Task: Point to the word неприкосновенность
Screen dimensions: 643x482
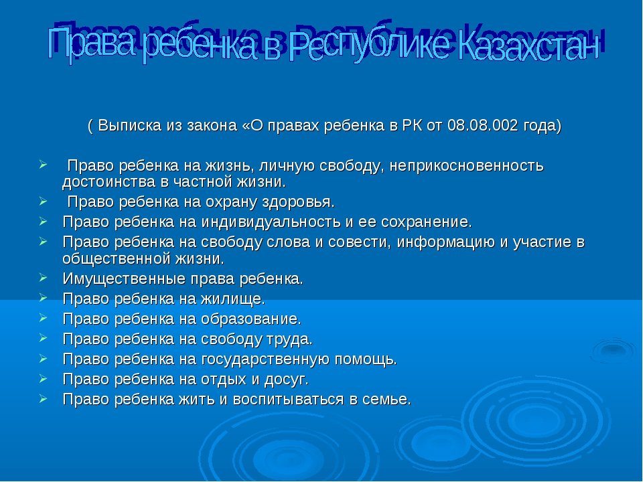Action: [466, 166]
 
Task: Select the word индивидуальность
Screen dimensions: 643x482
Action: [271, 222]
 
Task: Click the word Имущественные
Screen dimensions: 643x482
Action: [125, 279]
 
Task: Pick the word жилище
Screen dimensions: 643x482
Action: [233, 299]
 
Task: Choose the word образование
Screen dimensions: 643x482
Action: [251, 319]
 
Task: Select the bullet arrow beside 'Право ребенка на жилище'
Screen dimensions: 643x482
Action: [44, 297]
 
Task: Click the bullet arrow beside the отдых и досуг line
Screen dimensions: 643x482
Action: [44, 378]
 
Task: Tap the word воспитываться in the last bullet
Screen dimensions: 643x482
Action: [288, 400]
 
